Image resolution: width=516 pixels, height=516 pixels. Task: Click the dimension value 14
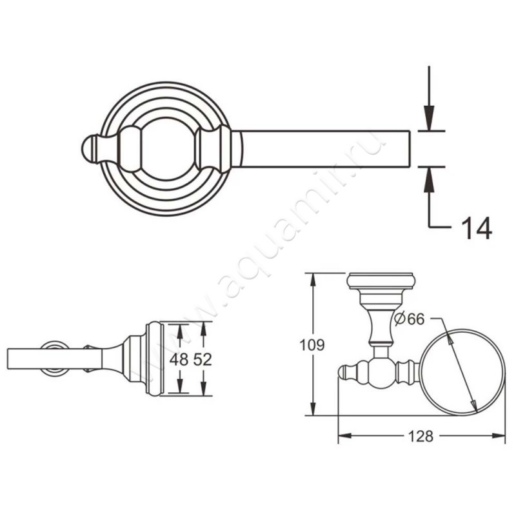tap(477, 228)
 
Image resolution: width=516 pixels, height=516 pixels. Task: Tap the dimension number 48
tap(179, 360)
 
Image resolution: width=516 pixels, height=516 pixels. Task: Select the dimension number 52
tap(203, 360)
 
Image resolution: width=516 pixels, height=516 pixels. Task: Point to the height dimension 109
tap(312, 345)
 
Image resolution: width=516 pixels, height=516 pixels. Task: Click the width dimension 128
tap(421, 437)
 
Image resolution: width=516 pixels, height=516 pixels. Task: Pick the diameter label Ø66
tap(410, 319)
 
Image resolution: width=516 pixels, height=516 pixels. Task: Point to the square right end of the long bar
tap(410, 149)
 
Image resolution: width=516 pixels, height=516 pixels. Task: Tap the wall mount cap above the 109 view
tap(381, 282)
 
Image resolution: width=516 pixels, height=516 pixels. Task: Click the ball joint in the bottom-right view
tap(381, 372)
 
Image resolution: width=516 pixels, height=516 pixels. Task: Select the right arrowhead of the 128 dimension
tap(499, 436)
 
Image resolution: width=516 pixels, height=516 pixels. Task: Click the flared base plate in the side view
tap(153, 359)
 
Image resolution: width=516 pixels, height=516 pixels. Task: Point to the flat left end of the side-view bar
tap(8, 359)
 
